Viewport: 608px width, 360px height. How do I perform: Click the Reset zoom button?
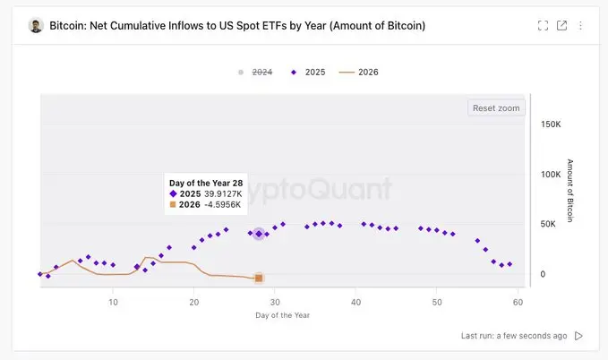[x=496, y=107]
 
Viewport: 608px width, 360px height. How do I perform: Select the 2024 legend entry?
[x=258, y=72]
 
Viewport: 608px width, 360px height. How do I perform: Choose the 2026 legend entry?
[x=362, y=72]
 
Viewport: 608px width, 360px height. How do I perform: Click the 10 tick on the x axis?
[x=113, y=303]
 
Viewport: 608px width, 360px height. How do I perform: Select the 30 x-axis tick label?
[x=275, y=303]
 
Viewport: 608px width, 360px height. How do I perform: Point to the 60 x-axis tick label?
[x=518, y=303]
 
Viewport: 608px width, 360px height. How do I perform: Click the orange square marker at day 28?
[x=259, y=279]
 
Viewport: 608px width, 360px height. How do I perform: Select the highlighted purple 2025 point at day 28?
[x=259, y=234]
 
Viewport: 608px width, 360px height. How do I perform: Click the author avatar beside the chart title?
[x=36, y=25]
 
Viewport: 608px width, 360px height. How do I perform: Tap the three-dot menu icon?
[x=580, y=25]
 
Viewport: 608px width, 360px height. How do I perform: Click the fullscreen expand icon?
[x=543, y=25]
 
